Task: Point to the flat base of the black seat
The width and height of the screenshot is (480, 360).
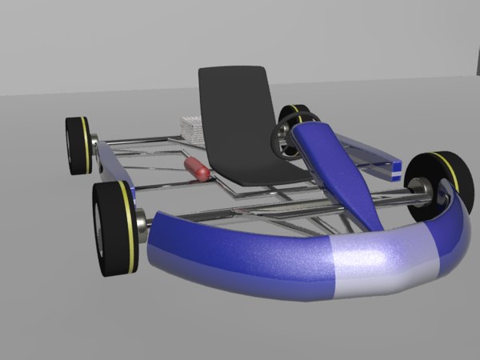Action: pos(256,171)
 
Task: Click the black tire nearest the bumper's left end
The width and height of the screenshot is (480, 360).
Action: pos(112,228)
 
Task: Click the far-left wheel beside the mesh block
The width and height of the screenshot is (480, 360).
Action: pos(78,146)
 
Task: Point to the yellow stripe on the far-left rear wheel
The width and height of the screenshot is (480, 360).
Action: pos(86,146)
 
